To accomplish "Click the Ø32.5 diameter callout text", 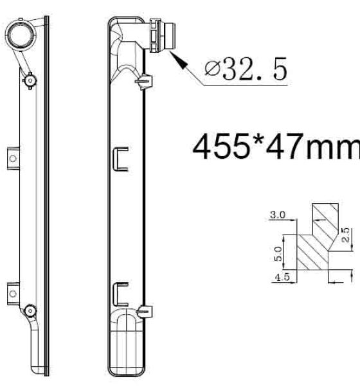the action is (x=246, y=69).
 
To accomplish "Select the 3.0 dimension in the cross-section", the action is (x=278, y=215).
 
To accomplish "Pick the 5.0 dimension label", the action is (x=278, y=254).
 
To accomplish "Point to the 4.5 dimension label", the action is (x=282, y=277).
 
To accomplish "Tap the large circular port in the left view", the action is (x=21, y=35).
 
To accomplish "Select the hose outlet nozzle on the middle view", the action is (x=163, y=35).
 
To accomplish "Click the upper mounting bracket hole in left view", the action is (x=13, y=158).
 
